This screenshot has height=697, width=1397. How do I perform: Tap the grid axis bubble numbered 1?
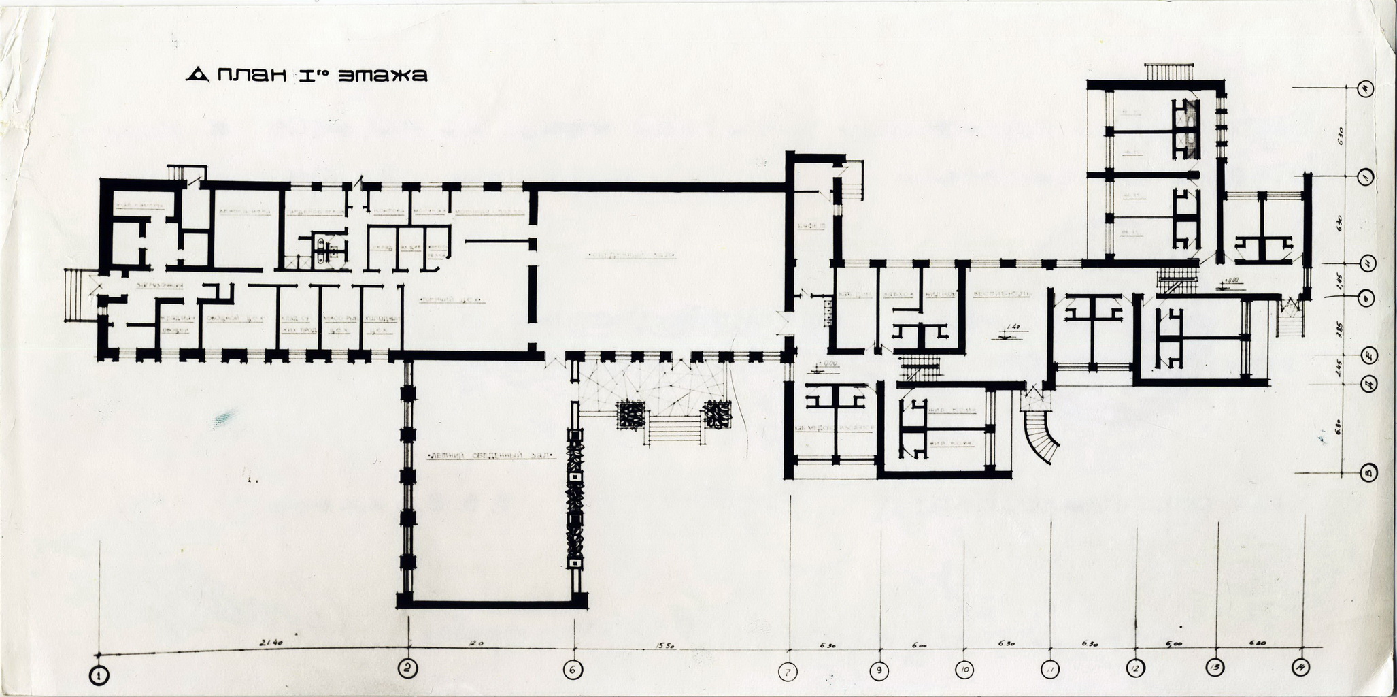[x=101, y=675]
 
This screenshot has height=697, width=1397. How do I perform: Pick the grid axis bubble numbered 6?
[x=573, y=670]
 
